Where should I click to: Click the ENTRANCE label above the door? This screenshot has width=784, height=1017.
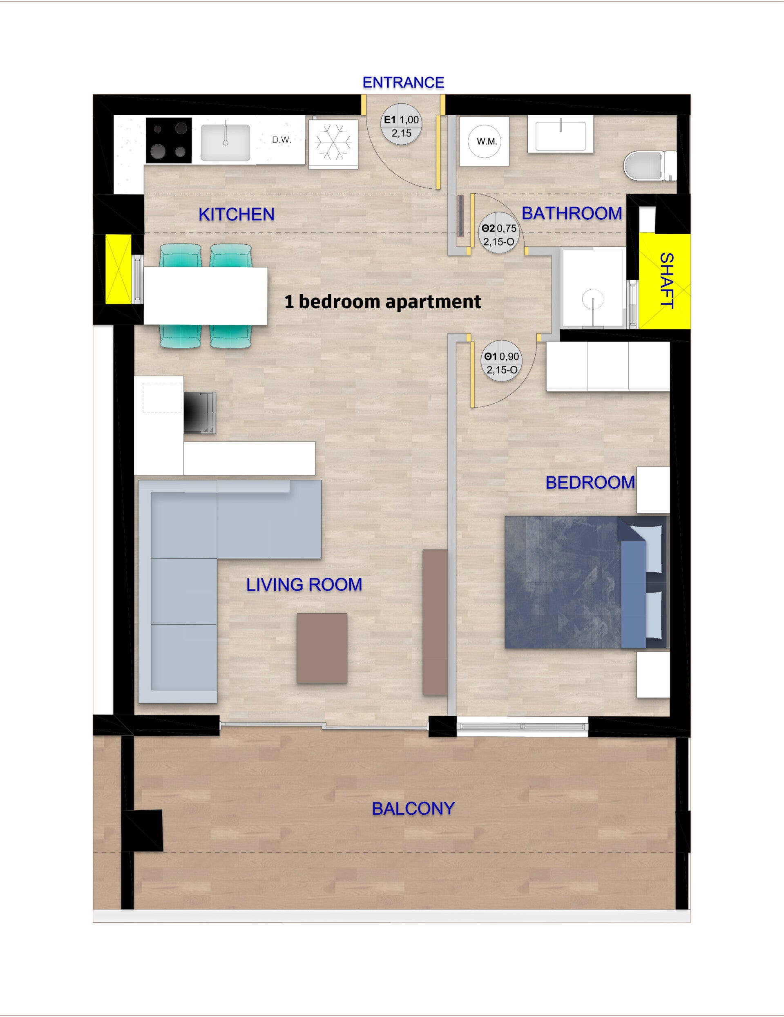[x=403, y=83]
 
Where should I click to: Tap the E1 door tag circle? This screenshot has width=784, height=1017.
[x=401, y=127]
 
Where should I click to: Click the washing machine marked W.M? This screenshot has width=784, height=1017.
[x=484, y=141]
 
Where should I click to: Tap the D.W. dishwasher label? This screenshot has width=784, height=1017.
[x=281, y=140]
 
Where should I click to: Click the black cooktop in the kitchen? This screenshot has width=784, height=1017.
[x=169, y=140]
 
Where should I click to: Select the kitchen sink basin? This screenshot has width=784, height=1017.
[x=226, y=142]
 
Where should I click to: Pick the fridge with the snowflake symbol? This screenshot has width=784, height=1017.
[x=333, y=144]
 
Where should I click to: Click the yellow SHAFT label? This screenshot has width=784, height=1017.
[x=667, y=281]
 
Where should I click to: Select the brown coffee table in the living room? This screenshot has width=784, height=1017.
[x=322, y=648]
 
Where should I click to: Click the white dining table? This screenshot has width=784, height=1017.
[x=205, y=296]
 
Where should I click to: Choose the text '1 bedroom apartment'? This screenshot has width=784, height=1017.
[x=383, y=302]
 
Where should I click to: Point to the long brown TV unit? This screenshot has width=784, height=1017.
[x=435, y=622]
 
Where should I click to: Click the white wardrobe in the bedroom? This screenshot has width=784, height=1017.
[x=608, y=366]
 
